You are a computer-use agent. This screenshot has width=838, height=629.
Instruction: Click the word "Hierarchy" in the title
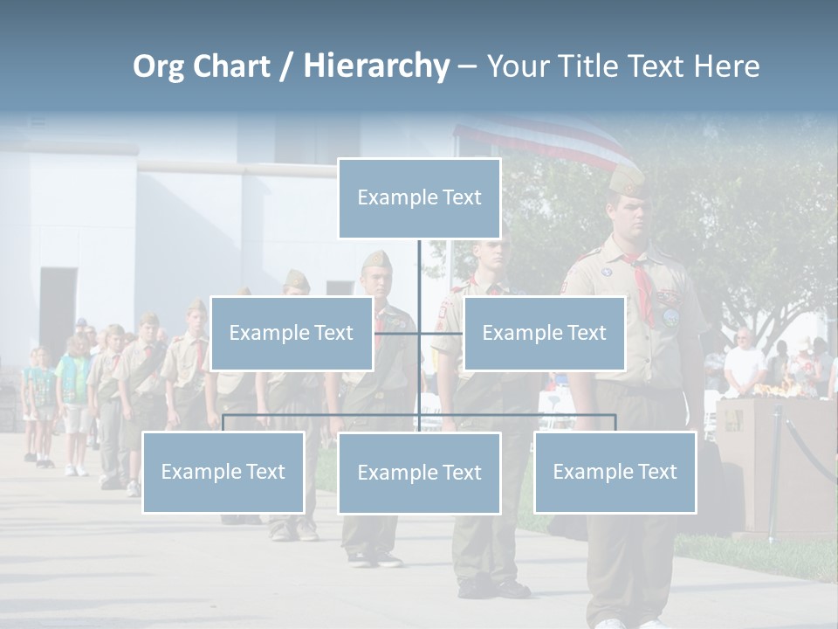click(x=376, y=66)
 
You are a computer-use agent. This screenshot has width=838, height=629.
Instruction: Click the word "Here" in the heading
click(x=725, y=66)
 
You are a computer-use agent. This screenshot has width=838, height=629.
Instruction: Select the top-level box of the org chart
click(x=419, y=198)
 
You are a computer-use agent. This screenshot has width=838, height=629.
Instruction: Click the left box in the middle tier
click(x=292, y=333)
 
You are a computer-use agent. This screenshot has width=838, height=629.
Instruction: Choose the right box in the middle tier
click(x=544, y=333)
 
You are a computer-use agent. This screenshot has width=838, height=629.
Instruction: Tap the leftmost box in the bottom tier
click(x=223, y=472)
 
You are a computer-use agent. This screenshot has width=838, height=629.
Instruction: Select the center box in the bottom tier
click(x=419, y=473)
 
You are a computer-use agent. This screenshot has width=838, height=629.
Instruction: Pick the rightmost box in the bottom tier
click(x=615, y=472)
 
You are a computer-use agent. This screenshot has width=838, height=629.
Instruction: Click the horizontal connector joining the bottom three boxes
click(x=524, y=415)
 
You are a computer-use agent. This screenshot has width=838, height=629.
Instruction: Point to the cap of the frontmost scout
click(x=627, y=180)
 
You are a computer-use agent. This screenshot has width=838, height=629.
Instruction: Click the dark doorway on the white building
click(x=58, y=310)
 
